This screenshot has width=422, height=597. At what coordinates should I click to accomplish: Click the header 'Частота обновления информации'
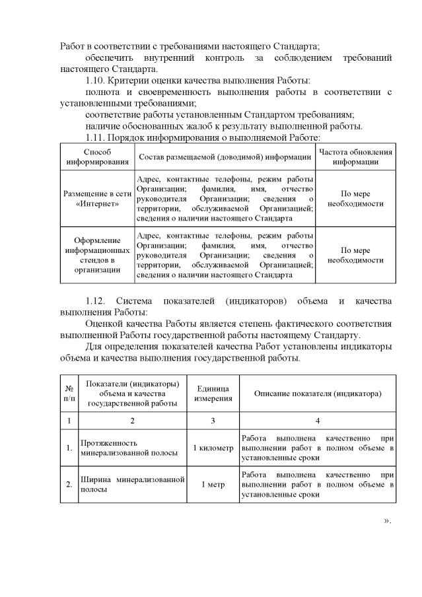click(x=355, y=157)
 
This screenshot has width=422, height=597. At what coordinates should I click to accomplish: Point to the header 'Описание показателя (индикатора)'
click(x=318, y=394)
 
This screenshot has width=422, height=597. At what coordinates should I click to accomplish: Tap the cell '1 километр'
click(x=214, y=448)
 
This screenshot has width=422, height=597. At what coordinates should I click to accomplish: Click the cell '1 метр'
click(x=214, y=485)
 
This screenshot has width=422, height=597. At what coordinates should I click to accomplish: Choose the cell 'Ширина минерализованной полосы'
click(x=132, y=485)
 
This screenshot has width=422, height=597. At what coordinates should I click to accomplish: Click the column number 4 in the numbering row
click(x=318, y=420)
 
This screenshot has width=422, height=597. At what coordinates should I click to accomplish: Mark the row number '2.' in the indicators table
click(x=69, y=485)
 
